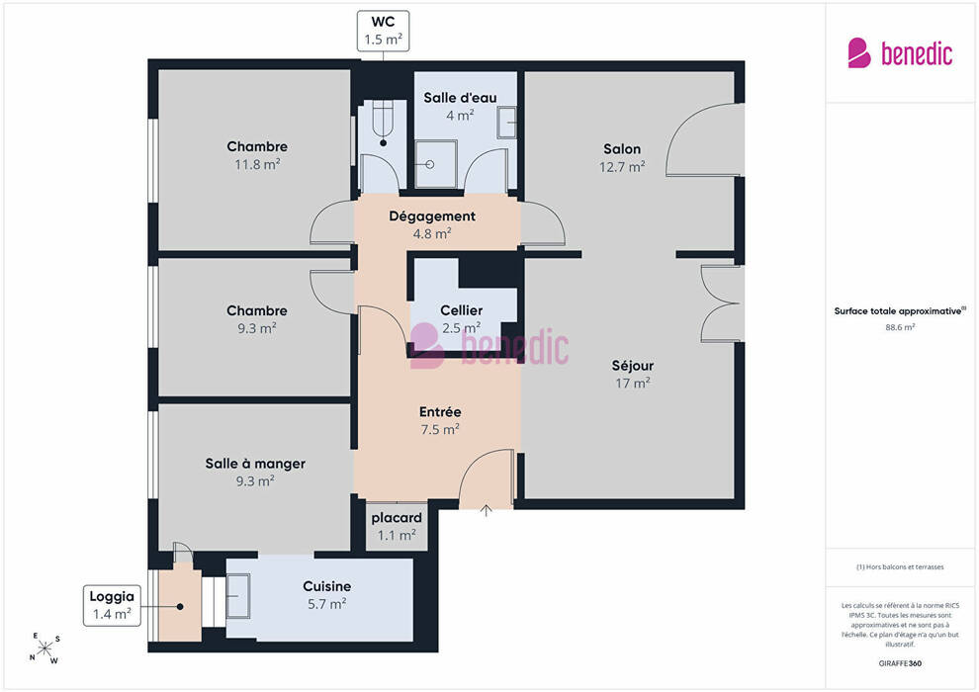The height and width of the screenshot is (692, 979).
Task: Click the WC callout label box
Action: (x=383, y=31)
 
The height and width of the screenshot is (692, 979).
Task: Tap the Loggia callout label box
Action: (x=112, y=605)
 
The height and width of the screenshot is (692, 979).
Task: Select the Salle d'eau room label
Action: (x=460, y=98)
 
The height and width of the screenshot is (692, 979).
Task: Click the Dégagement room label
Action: (x=432, y=216)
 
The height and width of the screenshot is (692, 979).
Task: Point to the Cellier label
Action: (x=462, y=310)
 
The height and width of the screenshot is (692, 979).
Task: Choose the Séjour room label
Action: (x=633, y=367)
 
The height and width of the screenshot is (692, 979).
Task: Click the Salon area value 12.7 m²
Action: (x=622, y=167)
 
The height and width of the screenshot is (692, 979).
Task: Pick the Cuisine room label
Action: (x=327, y=586)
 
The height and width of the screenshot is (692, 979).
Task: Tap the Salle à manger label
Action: (x=255, y=464)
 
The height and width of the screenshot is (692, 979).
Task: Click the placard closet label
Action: (x=397, y=518)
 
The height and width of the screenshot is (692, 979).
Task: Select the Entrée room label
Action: (x=440, y=412)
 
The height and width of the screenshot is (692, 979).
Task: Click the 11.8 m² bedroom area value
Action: (x=257, y=165)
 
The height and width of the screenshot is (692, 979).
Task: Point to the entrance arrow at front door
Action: (x=486, y=511)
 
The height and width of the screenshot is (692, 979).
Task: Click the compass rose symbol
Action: (x=44, y=649)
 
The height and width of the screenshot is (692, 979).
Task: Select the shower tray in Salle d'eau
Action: (x=436, y=164)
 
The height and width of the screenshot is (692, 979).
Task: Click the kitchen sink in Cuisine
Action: (x=238, y=595)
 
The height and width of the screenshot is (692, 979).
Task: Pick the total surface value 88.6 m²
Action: (x=900, y=327)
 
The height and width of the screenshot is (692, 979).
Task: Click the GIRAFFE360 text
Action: (x=900, y=663)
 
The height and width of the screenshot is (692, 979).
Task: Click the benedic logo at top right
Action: (x=900, y=53)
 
